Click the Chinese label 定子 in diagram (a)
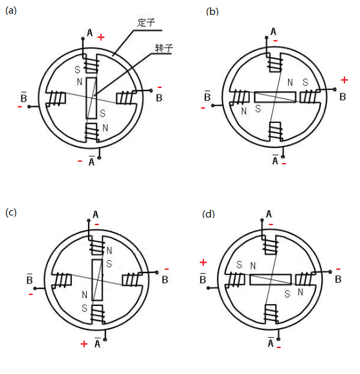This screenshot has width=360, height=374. [146, 23]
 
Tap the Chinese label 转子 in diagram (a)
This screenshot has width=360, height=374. [164, 48]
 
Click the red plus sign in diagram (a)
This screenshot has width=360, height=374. [101, 37]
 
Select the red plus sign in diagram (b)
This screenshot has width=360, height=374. [344, 80]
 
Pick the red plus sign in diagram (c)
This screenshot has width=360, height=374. [84, 344]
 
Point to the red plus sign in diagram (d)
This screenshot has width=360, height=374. [203, 262]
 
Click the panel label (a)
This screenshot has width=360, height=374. [11, 10]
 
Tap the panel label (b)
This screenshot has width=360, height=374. [212, 12]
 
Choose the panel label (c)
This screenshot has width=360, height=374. [11, 212]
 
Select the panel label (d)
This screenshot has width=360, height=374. [208, 214]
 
